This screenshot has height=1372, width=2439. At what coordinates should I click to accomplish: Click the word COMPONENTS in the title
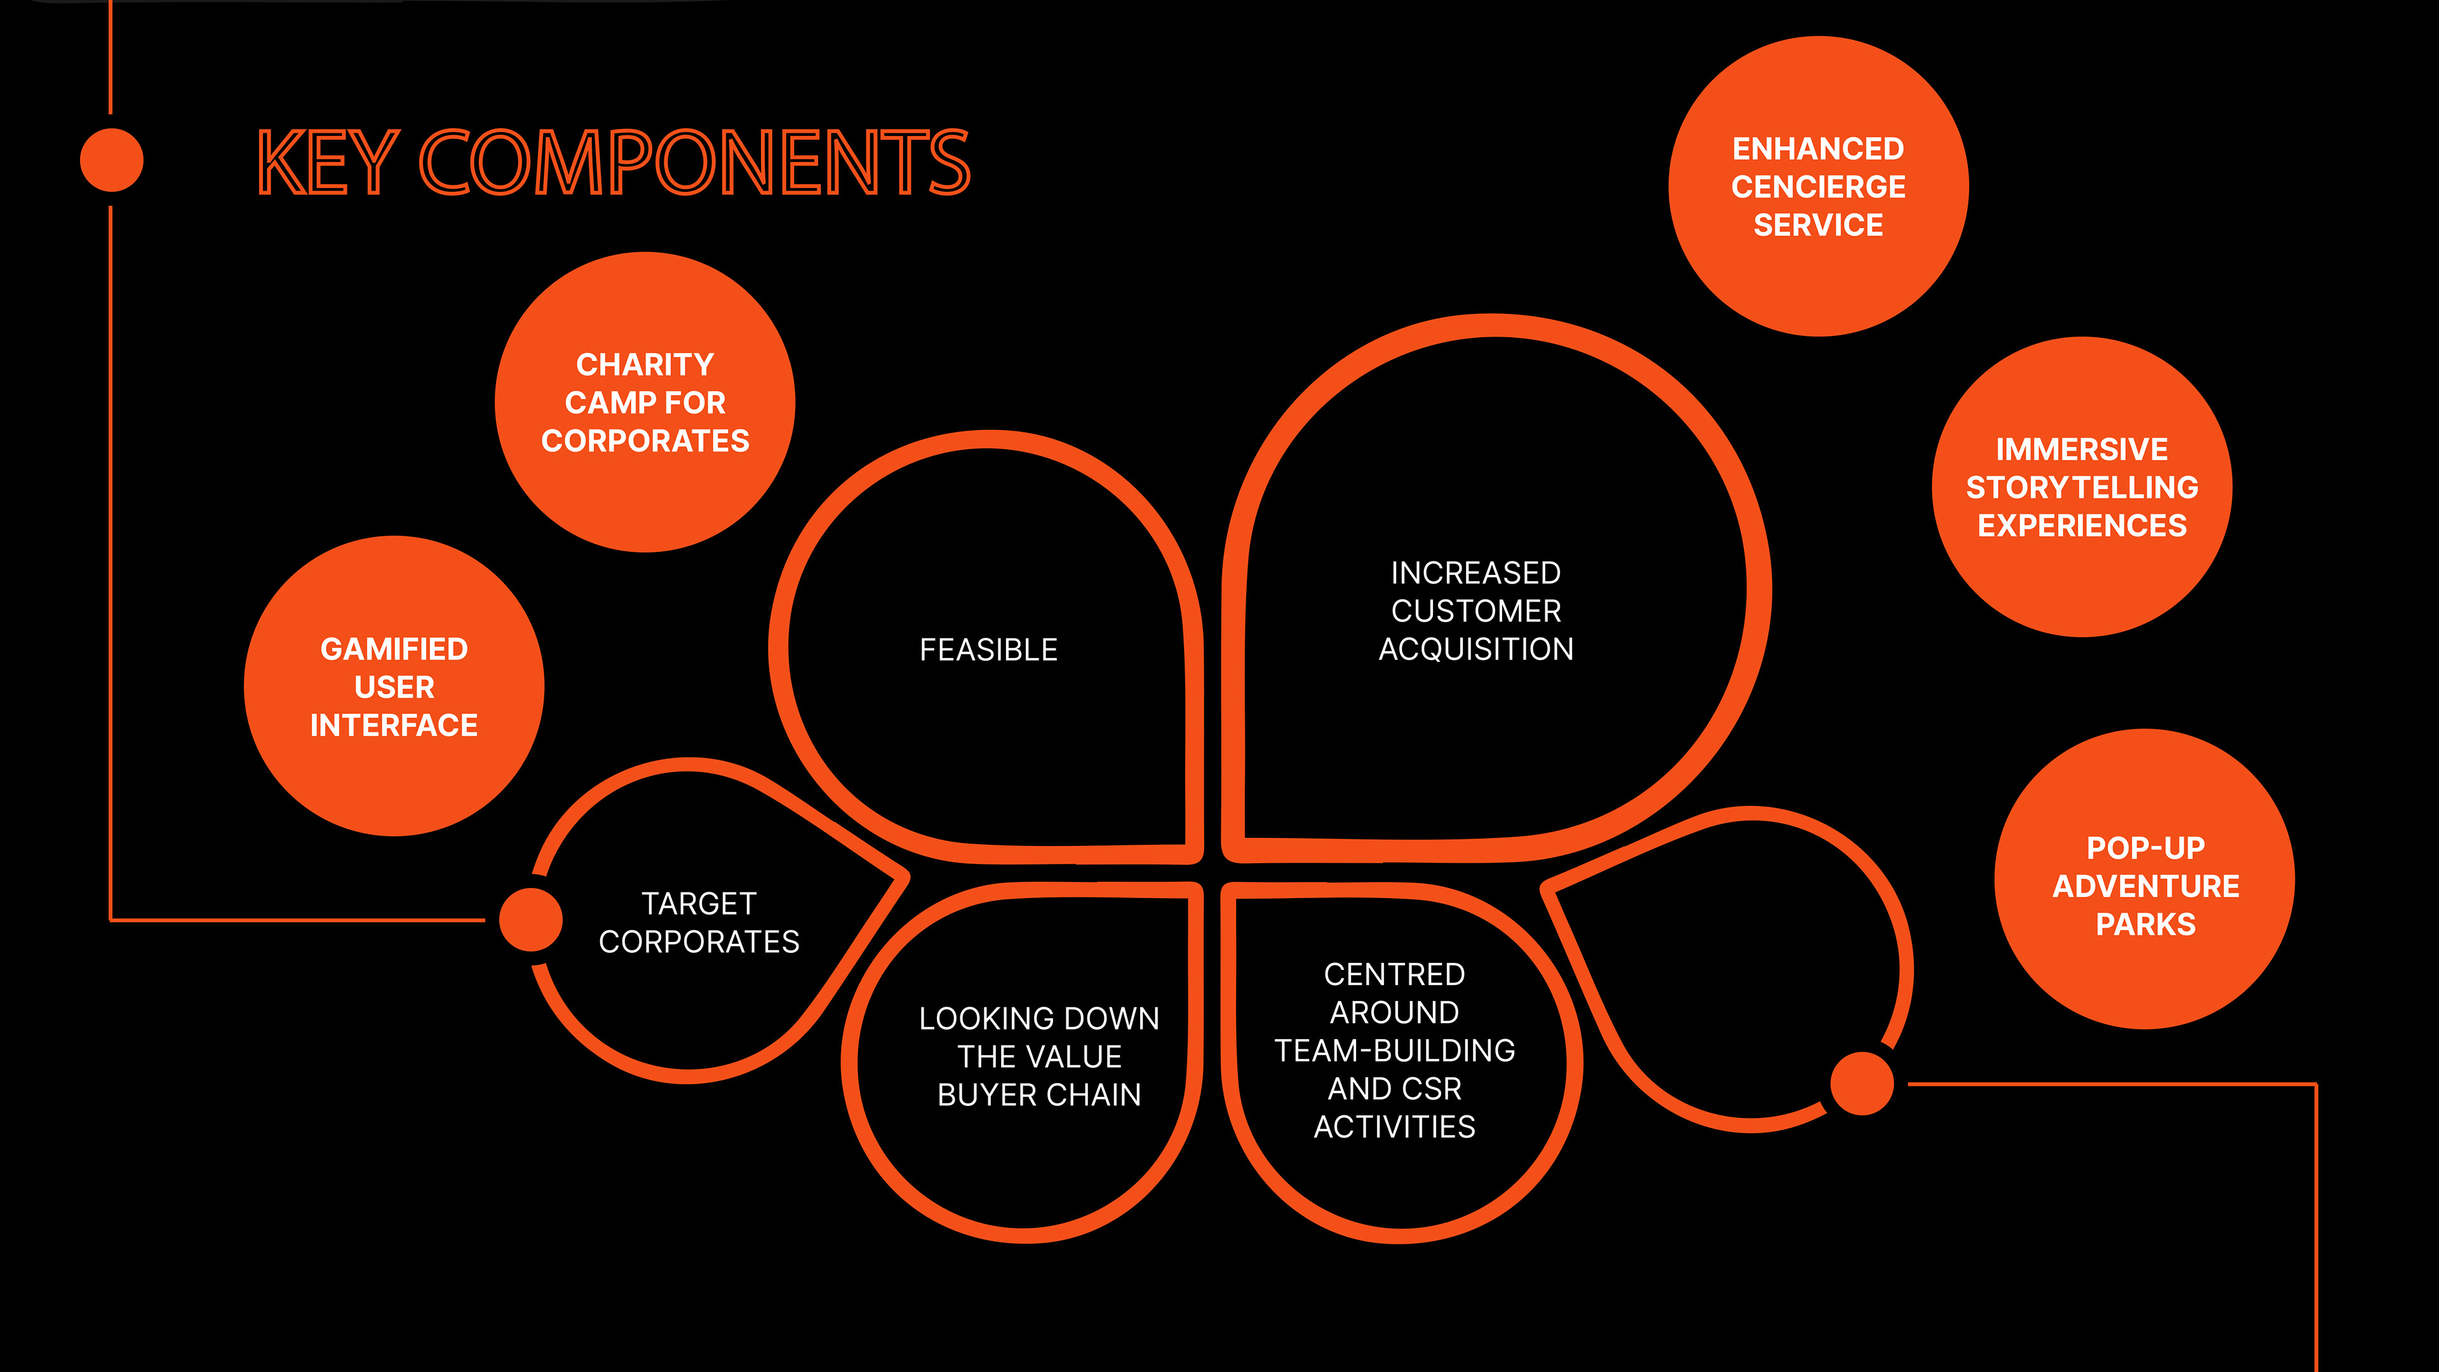(x=694, y=163)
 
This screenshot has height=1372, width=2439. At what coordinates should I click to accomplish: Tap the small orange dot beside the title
(x=112, y=160)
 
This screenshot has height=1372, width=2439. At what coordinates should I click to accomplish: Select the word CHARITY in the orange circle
(x=645, y=365)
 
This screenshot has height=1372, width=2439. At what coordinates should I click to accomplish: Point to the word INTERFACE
(x=394, y=725)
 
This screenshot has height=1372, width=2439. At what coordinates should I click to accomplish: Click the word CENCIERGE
(x=1818, y=187)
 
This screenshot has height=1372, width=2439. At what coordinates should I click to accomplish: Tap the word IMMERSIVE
(x=2081, y=449)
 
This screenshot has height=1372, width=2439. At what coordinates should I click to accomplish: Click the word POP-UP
(x=2144, y=847)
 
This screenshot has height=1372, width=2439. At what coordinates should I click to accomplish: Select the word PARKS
(x=2144, y=924)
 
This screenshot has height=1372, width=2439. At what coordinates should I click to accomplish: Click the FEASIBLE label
(x=988, y=650)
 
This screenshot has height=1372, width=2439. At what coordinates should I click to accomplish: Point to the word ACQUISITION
(x=1475, y=650)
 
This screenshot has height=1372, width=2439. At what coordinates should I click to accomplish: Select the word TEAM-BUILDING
(x=1394, y=1051)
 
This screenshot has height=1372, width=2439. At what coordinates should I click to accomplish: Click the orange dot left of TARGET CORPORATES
(x=530, y=919)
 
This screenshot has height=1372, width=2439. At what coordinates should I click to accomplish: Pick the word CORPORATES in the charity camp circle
(x=645, y=441)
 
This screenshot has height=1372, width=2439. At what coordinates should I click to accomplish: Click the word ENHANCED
(x=1818, y=149)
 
